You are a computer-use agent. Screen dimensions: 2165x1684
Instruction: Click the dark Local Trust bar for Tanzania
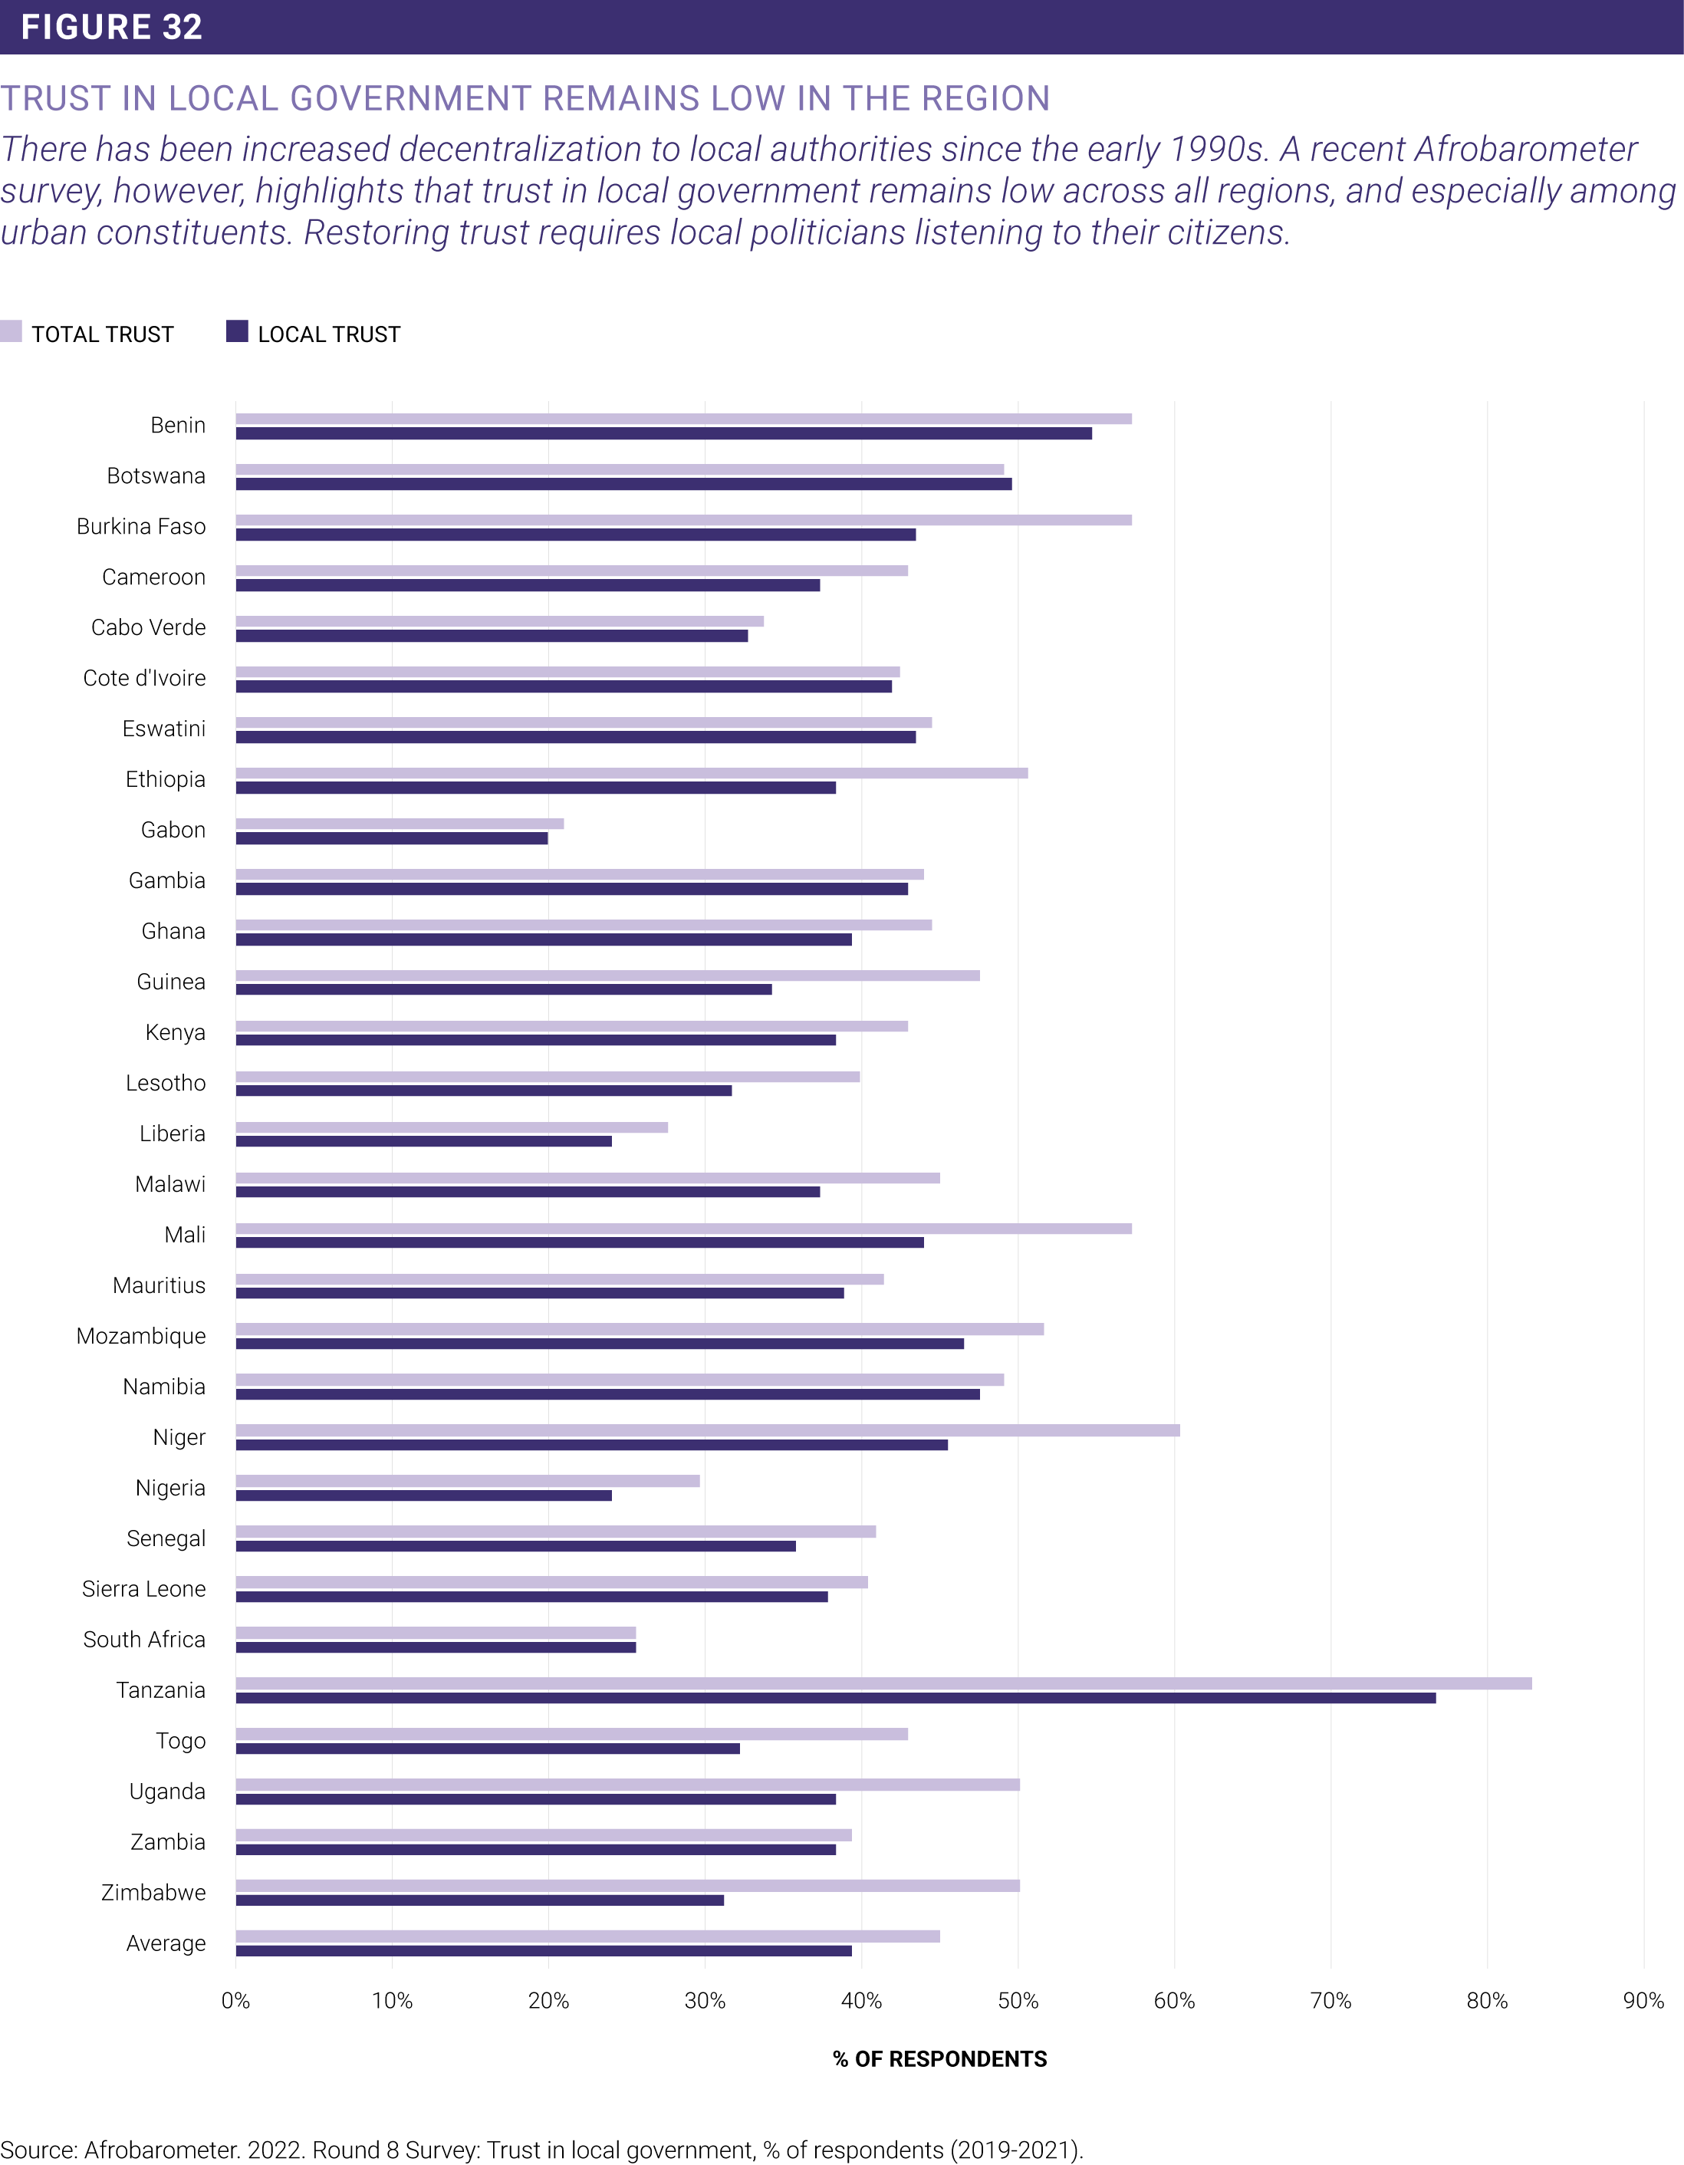[836, 1698]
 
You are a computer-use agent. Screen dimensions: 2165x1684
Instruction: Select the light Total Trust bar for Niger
[708, 1430]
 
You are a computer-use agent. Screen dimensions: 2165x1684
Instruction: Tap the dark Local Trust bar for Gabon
[392, 839]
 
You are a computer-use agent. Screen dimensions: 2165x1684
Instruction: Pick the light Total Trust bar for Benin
[684, 418]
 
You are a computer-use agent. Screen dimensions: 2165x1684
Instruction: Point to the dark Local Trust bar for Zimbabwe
[480, 1900]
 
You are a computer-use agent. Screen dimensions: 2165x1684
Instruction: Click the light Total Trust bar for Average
[587, 1936]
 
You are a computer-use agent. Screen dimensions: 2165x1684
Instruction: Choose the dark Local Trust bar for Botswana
[623, 484]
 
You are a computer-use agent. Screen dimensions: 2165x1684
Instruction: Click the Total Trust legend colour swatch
[11, 331]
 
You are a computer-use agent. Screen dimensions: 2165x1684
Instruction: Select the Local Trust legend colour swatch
[237, 331]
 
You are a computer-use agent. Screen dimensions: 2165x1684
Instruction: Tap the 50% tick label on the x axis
[1018, 2000]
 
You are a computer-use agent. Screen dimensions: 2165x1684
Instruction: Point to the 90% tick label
[1643, 2000]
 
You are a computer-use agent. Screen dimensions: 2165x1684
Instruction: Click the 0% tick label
[236, 2000]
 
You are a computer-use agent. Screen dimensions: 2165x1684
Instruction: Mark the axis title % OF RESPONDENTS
[939, 2059]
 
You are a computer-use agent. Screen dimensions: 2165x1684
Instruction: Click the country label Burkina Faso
[141, 526]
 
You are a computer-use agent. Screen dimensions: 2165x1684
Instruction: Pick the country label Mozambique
[141, 1336]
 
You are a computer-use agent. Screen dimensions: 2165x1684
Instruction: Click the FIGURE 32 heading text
[112, 27]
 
